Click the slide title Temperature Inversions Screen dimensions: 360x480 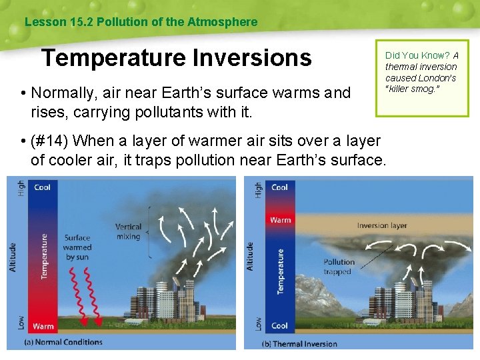click(176, 58)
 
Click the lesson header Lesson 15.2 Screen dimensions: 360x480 click(140, 22)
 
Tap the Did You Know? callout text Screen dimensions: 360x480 click(421, 72)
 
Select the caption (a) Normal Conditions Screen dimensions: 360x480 click(63, 342)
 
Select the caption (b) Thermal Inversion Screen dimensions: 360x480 click(299, 344)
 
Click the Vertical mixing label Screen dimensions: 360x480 click(128, 231)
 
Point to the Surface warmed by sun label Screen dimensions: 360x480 click(78, 247)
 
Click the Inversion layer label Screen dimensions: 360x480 click(381, 226)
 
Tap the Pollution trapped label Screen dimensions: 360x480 click(339, 267)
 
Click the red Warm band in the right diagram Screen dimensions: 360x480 click(281, 220)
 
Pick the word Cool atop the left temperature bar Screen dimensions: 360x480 click(42, 187)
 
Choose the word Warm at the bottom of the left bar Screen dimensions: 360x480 click(43, 327)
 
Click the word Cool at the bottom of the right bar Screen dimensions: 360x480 click(280, 326)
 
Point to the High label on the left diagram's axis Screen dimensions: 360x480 click(21, 188)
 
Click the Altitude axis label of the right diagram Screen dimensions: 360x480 click(251, 256)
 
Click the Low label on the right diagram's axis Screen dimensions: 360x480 click(258, 324)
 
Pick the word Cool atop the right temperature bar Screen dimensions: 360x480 click(280, 187)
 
